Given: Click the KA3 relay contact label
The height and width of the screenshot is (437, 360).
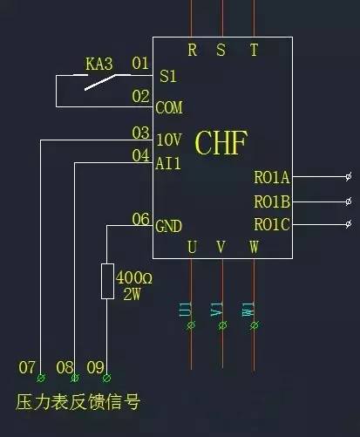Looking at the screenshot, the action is [x=98, y=64].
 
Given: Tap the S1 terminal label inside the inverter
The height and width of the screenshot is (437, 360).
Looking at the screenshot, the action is [x=168, y=76].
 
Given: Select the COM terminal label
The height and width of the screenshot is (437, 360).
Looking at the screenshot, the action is [x=169, y=107].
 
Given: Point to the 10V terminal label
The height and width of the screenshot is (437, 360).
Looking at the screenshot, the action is [x=169, y=140].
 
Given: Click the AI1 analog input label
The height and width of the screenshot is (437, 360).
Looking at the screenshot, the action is [x=168, y=163].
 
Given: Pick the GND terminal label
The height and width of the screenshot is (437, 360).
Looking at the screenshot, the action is [x=168, y=226].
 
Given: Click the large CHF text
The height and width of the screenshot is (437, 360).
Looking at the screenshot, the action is [x=221, y=143].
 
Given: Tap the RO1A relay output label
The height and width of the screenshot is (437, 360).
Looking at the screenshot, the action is [x=272, y=177].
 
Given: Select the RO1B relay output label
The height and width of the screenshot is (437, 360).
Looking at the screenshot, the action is [x=272, y=201].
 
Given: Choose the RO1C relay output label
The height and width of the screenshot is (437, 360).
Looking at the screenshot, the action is [x=272, y=224].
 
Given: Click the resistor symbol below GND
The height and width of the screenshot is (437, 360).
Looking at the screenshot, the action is [x=107, y=281].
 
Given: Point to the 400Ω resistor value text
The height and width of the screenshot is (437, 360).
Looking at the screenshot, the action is [x=134, y=277].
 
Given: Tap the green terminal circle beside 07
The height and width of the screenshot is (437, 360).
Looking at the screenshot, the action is [x=41, y=378].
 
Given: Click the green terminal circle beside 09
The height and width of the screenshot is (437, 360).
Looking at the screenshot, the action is [x=106, y=378].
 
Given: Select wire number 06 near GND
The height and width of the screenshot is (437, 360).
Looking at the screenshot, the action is [x=140, y=219].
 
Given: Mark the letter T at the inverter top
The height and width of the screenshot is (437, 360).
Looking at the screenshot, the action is [x=254, y=50].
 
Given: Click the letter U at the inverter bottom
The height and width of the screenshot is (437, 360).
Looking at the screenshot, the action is [x=192, y=248].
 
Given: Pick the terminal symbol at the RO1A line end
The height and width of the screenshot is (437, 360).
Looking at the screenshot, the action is [x=349, y=176].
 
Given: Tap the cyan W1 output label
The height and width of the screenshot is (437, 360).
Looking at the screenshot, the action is [x=248, y=310].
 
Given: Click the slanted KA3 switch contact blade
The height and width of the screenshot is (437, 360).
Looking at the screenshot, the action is [x=100, y=82].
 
